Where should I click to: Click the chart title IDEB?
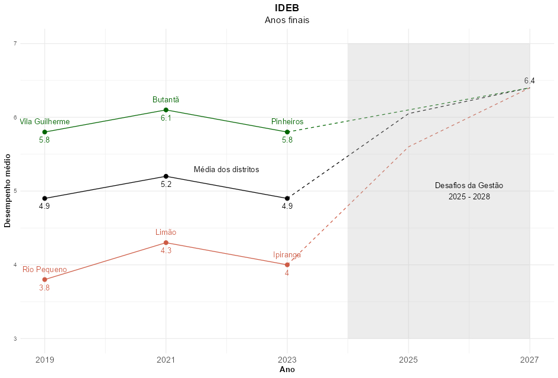tap(287, 8)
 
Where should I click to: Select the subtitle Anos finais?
tap(287, 20)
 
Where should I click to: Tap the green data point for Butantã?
tap(166, 110)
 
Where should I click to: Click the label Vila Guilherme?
tap(44, 122)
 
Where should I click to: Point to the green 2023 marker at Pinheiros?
tap(287, 132)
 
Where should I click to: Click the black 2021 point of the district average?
tap(166, 176)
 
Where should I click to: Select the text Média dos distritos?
tap(226, 170)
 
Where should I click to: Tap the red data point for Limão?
tap(166, 243)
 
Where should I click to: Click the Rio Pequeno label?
tap(44, 270)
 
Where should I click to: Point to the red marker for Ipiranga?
tap(287, 265)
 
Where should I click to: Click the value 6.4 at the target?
tap(529, 81)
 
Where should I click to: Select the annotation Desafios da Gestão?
tap(469, 186)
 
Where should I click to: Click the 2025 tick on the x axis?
tap(408, 359)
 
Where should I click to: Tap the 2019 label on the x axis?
tap(44, 359)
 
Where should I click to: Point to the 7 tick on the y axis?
tap(15, 43)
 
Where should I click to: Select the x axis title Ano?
tap(287, 370)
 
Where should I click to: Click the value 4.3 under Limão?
tap(166, 251)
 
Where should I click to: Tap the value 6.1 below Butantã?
tap(166, 118)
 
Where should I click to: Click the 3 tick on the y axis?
tap(15, 338)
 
